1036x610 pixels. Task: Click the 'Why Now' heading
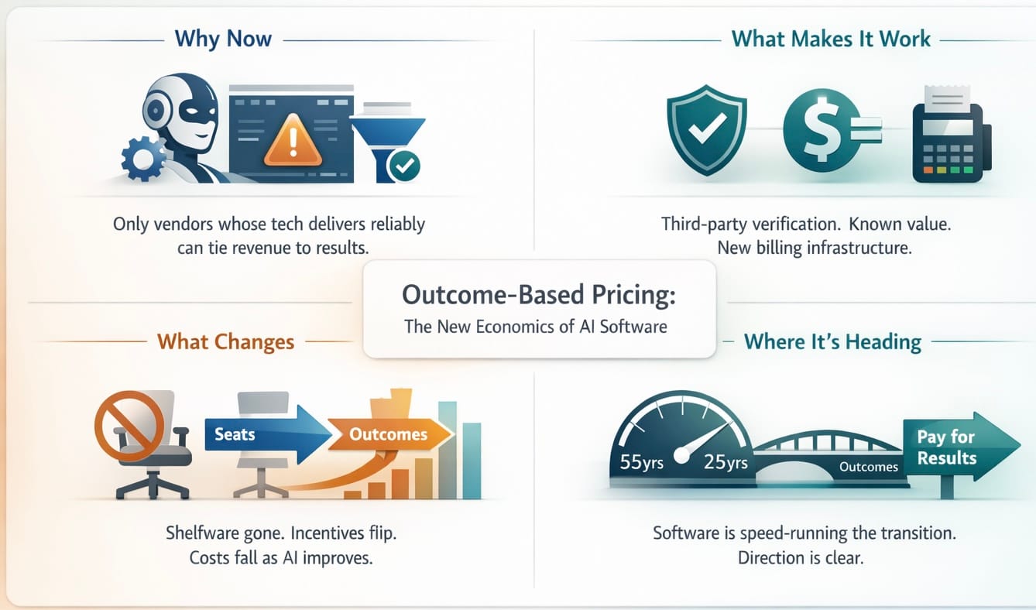(223, 39)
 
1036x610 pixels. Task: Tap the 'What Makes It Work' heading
(831, 39)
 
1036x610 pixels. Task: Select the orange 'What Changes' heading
(225, 342)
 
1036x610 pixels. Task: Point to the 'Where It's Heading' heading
(832, 342)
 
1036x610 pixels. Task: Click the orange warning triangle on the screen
(293, 141)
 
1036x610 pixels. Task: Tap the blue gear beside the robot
(143, 159)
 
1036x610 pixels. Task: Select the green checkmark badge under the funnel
(404, 166)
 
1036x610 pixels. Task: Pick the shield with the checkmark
(707, 129)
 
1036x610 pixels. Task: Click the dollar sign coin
(822, 130)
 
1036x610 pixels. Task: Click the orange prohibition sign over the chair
(130, 426)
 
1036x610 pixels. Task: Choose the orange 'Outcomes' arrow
(389, 434)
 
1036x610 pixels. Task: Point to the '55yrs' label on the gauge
(641, 462)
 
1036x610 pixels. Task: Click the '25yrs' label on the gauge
(726, 462)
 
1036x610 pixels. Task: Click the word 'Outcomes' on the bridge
(869, 467)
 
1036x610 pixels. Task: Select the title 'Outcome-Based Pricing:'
(539, 295)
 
